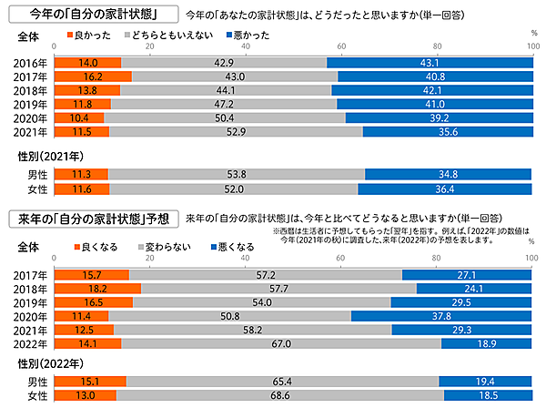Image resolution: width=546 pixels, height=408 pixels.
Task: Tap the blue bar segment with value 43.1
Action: point(429,63)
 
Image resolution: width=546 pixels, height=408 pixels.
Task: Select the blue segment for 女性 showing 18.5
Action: point(487,395)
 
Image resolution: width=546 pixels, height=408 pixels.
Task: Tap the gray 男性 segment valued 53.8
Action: point(236,174)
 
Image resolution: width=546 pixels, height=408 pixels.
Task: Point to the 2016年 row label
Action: point(32,63)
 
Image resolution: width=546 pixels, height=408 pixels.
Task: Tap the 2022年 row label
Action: point(32,343)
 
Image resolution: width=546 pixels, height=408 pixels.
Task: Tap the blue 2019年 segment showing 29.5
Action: point(461,301)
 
